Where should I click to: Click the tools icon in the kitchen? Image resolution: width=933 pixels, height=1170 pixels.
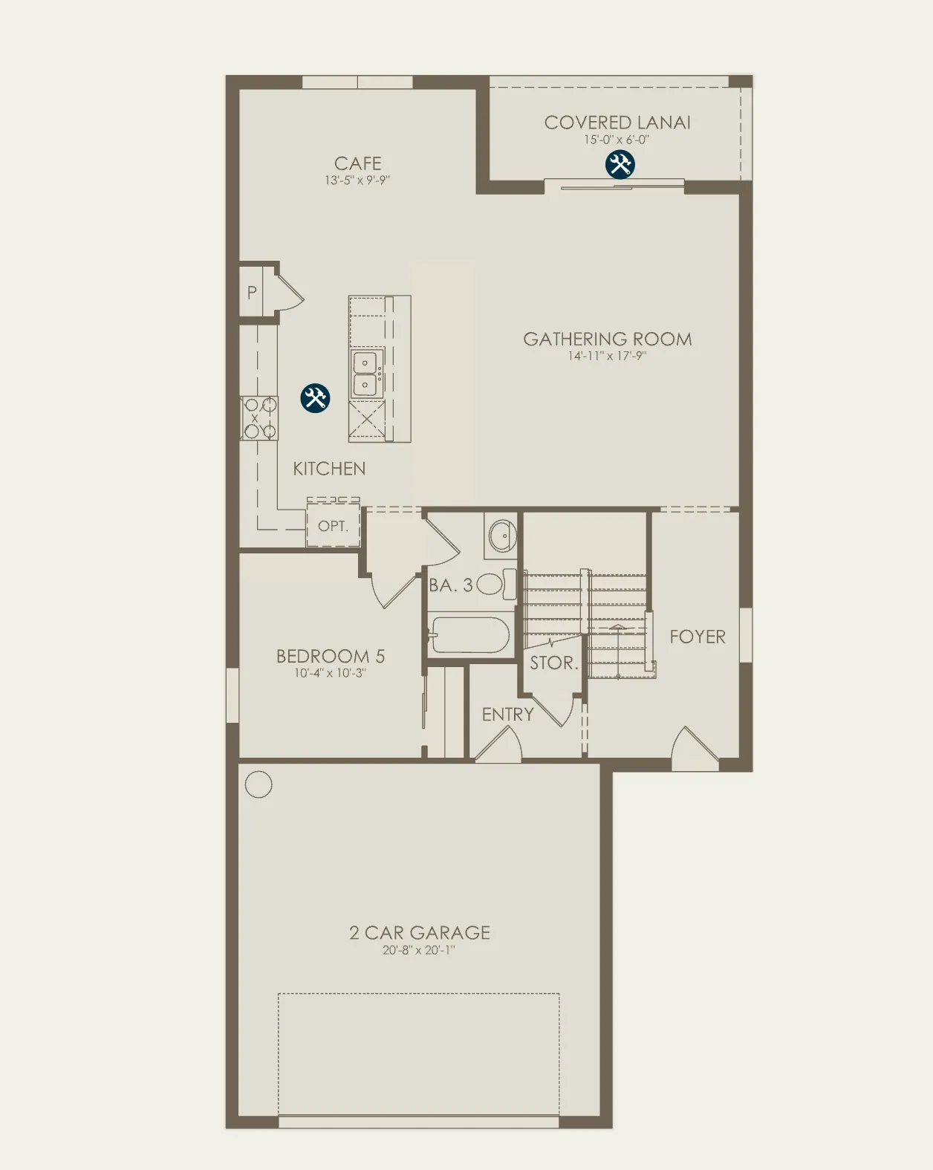[x=315, y=398]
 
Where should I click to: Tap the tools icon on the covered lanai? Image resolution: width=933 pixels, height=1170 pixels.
[x=620, y=164]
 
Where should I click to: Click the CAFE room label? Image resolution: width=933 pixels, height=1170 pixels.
[x=358, y=163]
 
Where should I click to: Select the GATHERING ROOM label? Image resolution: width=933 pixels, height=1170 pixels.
[x=608, y=339]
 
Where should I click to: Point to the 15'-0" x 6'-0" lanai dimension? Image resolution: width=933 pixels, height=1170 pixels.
[x=617, y=140]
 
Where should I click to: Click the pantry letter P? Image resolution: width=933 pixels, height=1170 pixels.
[x=252, y=293]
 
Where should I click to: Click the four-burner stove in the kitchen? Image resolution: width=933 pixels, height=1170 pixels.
[x=259, y=418]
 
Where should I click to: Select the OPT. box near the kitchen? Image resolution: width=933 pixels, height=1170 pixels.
[x=334, y=525]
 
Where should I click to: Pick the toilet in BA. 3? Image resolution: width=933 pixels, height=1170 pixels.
[x=496, y=585]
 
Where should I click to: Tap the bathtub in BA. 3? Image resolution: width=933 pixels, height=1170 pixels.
[x=469, y=634]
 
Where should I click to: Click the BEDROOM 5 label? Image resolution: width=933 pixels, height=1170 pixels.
[x=331, y=656]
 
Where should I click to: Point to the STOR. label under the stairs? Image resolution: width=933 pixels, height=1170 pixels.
[x=554, y=663]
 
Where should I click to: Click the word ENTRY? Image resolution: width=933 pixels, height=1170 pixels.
[x=508, y=715]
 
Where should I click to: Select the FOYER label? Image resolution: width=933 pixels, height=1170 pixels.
[x=698, y=637]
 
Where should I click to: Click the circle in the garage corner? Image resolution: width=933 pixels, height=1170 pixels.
[x=259, y=784]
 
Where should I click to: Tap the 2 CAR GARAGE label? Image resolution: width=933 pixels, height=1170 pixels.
[x=419, y=933]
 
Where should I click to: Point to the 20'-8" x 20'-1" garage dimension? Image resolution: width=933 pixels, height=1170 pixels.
[x=419, y=950]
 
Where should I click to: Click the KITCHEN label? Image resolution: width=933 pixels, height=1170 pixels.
[x=329, y=469]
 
